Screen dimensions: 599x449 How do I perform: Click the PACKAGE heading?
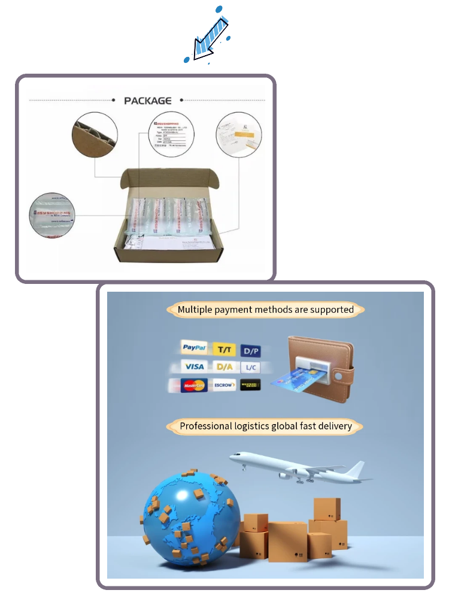(147, 101)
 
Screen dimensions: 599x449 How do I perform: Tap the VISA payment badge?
(194, 367)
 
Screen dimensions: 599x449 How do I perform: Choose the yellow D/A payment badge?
(224, 367)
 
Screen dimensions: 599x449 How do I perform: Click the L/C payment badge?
(251, 367)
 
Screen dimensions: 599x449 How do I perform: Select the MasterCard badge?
(194, 385)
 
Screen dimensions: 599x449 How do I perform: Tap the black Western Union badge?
(250, 385)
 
